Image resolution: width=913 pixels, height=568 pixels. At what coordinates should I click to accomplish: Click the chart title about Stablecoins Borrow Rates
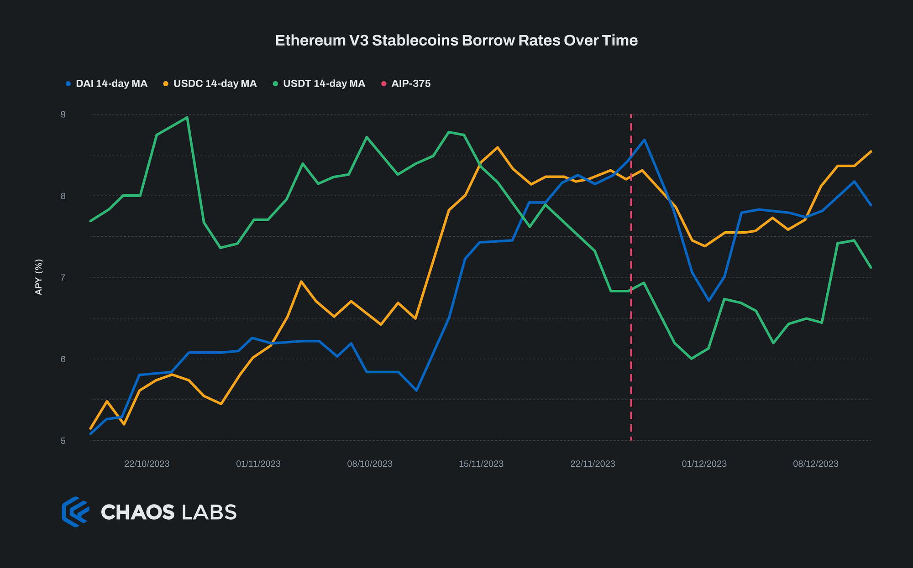pos(456,41)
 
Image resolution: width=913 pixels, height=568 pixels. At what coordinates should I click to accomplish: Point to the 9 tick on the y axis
pos(63,115)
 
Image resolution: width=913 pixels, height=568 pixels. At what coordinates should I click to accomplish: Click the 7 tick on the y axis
pos(63,277)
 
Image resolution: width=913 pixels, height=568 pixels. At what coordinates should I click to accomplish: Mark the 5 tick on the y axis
pos(63,441)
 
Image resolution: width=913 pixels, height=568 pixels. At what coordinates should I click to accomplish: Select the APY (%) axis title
pos(39,277)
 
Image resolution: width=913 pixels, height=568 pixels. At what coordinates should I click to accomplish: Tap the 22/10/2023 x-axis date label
pos(147,464)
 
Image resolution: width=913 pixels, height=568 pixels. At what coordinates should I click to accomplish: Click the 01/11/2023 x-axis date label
pos(258,464)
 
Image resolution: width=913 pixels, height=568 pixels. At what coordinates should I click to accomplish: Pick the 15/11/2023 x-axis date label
pos(481,464)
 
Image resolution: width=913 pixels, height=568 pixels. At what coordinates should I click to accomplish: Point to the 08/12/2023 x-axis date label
pos(815,464)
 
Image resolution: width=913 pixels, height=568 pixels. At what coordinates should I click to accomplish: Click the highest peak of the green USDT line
pos(187,118)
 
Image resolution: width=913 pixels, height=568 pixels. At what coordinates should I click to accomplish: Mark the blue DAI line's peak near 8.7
pos(644,140)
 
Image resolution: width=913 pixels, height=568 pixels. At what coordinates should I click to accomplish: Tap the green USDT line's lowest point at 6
pos(692,359)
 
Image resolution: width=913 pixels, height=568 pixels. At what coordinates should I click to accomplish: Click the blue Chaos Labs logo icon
pos(75,512)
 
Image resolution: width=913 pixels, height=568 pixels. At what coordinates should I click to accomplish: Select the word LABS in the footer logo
pos(209,512)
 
